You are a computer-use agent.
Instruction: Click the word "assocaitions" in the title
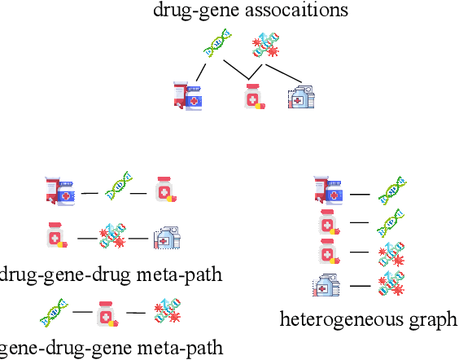299,11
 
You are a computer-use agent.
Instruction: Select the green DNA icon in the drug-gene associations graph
217,43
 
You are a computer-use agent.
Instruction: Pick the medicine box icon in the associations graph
302,97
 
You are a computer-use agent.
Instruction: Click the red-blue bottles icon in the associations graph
188,96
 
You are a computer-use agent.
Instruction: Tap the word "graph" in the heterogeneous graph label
436,318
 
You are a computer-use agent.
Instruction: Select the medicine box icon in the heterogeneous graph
326,285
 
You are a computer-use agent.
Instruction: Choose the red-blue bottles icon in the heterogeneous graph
329,191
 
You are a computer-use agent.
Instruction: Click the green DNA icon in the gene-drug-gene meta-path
55,312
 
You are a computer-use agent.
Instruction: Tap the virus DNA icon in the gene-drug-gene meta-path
166,313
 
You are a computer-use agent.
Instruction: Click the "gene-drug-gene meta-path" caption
109,348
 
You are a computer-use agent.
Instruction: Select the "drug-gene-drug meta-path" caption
109,274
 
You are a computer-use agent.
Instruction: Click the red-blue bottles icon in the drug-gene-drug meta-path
61,190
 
